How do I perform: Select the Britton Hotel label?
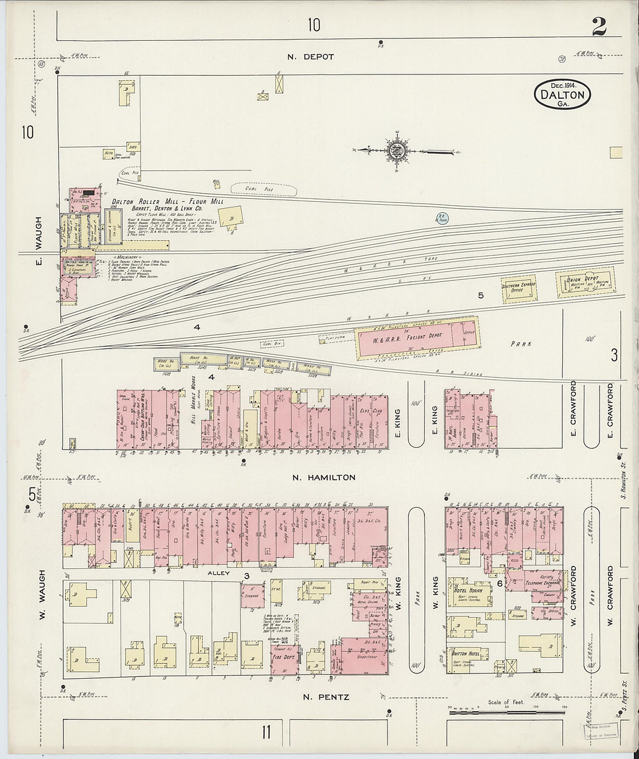[466, 654]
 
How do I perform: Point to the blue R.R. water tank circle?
[443, 219]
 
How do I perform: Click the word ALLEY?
[218, 573]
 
